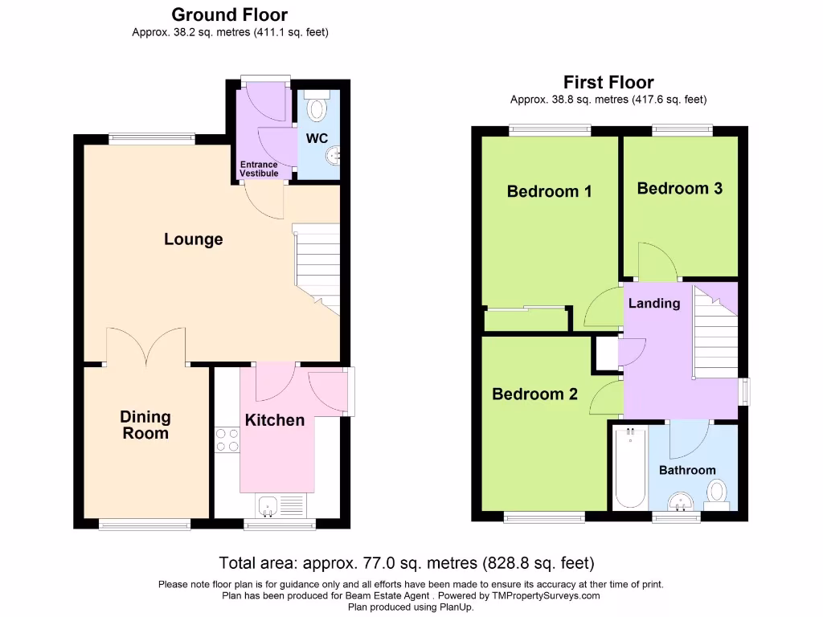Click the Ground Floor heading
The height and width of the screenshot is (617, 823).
point(230,14)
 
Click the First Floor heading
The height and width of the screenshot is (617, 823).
point(608,82)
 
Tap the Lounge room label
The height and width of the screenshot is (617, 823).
point(193,239)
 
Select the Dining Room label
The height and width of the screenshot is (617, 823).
point(145,425)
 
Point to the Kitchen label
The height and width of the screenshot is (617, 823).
point(275,420)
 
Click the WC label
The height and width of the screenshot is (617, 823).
point(317,138)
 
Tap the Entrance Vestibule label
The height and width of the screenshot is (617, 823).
point(259,169)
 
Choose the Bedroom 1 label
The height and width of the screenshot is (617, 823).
point(549,191)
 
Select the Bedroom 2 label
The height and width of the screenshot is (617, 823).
point(534,394)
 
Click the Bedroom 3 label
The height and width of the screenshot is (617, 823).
point(679,188)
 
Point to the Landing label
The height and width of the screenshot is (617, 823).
point(653,303)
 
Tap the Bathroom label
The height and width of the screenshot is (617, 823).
point(687,470)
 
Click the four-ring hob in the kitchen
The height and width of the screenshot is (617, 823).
point(226,440)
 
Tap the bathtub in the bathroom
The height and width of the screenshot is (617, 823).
point(629,468)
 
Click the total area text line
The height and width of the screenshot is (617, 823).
point(407,562)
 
